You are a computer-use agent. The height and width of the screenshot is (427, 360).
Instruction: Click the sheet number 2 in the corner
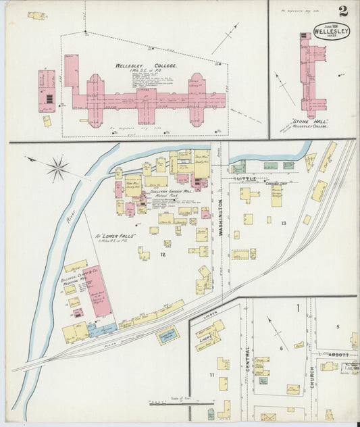click(x=344, y=11)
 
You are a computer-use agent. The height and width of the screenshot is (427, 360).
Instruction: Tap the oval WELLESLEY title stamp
click(x=331, y=32)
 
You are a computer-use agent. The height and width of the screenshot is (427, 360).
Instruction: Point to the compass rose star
click(x=59, y=167)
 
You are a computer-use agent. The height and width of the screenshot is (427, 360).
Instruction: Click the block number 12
click(x=162, y=254)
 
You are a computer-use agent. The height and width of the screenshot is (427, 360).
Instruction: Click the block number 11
click(x=211, y=374)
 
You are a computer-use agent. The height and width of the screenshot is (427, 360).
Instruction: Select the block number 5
click(x=338, y=326)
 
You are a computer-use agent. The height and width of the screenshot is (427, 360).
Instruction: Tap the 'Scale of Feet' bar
click(x=177, y=403)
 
